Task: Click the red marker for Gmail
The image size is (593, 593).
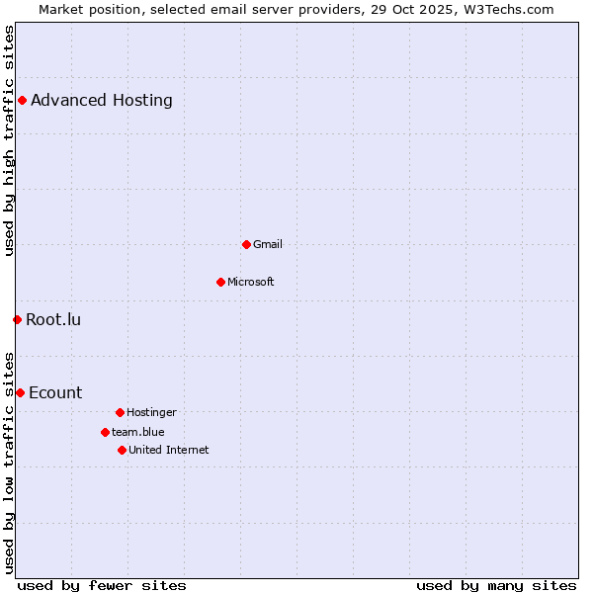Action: pyautogui.click(x=246, y=244)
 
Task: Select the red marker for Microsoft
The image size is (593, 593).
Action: pyautogui.click(x=220, y=282)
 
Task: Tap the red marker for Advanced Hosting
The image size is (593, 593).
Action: pyautogui.click(x=22, y=100)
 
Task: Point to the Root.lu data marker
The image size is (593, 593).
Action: pyautogui.click(x=17, y=319)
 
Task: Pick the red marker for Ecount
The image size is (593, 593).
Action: pyautogui.click(x=20, y=392)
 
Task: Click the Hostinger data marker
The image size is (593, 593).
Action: pyautogui.click(x=120, y=412)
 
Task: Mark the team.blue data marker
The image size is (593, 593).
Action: pyautogui.click(x=105, y=432)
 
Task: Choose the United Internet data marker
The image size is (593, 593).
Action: pyautogui.click(x=122, y=450)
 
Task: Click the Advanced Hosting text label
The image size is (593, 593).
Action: pyautogui.click(x=102, y=100)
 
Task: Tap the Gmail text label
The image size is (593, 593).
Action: pyautogui.click(x=268, y=244)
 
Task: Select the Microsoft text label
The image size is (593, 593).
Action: pyautogui.click(x=251, y=282)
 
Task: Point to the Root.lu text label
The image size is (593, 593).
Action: pyautogui.click(x=53, y=319)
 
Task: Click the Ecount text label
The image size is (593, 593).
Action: pyautogui.click(x=55, y=392)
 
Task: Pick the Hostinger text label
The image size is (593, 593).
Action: pyautogui.click(x=151, y=412)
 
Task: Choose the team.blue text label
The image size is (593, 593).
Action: pyautogui.click(x=138, y=432)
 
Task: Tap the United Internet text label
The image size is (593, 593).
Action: pyautogui.click(x=169, y=450)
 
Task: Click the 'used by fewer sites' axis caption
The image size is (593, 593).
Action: pyautogui.click(x=102, y=585)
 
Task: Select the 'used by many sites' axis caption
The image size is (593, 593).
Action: pyautogui.click(x=496, y=585)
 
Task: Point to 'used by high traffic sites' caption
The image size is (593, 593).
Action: pyautogui.click(x=9, y=140)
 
